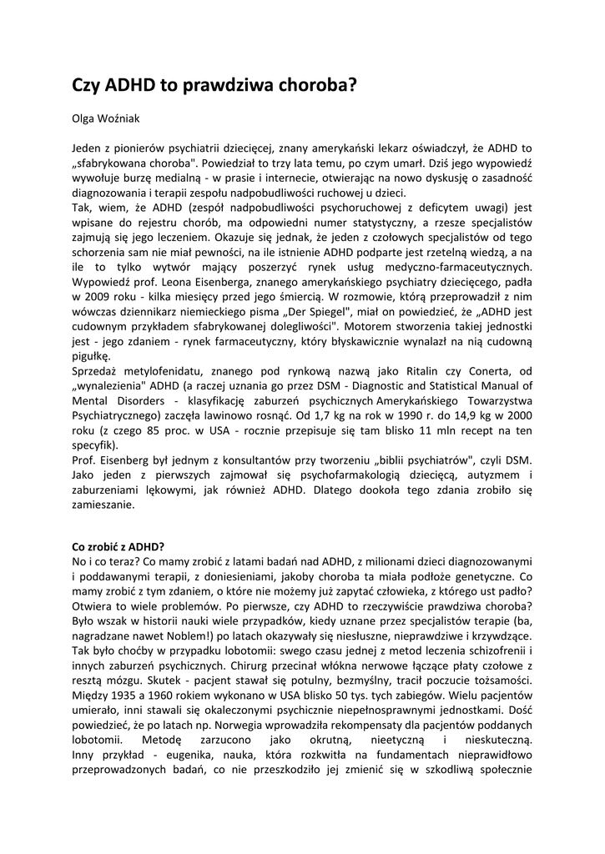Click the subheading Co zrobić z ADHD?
point(118,545)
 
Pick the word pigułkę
point(91,354)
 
